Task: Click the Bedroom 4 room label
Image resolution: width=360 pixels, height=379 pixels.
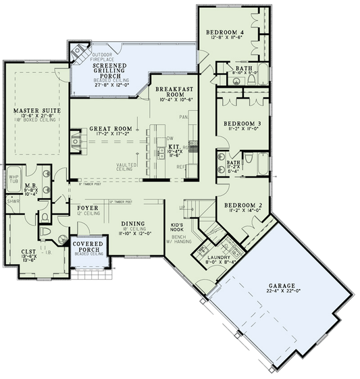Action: click(x=226, y=32)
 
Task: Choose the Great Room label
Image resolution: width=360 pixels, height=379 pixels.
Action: click(x=109, y=128)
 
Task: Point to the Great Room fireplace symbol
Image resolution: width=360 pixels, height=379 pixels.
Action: click(x=76, y=140)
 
